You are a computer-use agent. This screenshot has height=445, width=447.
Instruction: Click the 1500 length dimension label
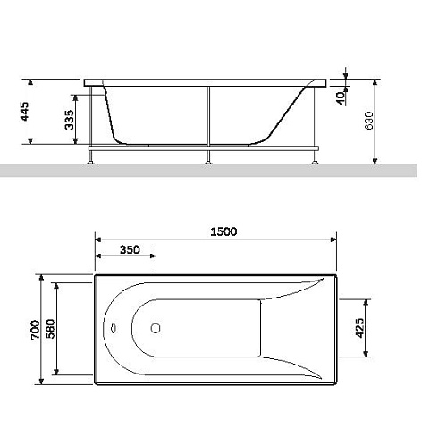pos(223,231)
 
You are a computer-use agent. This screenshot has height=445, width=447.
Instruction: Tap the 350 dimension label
pos(130,249)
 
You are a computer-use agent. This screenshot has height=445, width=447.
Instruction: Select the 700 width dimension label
pos(35,329)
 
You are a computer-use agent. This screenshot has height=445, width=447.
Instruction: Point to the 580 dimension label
pos(51,329)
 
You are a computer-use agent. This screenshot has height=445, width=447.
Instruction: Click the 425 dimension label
pos(359,328)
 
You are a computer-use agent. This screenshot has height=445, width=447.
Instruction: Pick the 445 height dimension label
pos(24,112)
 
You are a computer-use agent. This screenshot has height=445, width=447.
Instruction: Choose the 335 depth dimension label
pos(69,120)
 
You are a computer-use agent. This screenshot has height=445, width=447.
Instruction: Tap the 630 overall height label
pos(369,121)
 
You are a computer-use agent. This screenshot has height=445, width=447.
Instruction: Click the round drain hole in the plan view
pos(156,328)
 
